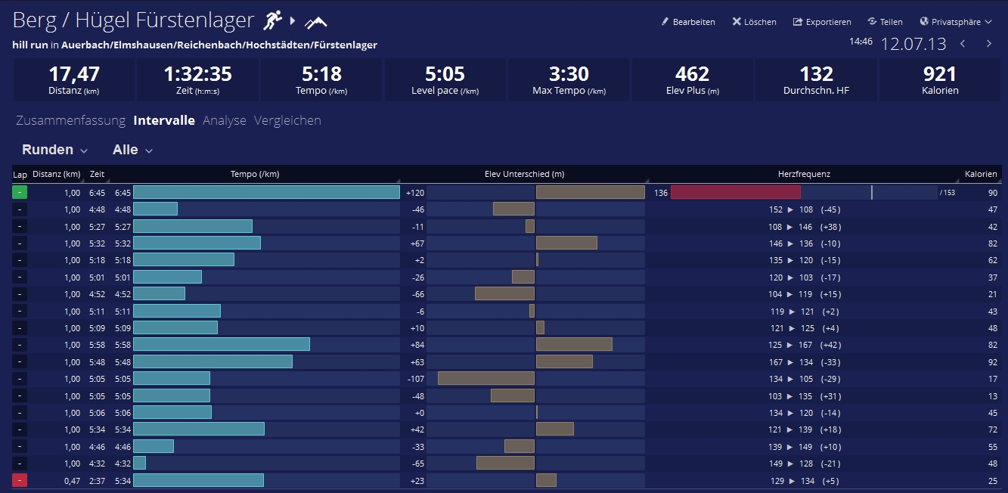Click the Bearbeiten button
click(x=688, y=22)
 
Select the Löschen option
click(x=754, y=22)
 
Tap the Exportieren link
click(x=822, y=22)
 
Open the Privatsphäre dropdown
click(x=956, y=22)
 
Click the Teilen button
click(x=885, y=22)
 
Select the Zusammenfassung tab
click(x=70, y=120)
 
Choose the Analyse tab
click(x=225, y=120)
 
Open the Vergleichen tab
click(x=287, y=120)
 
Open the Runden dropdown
click(x=55, y=150)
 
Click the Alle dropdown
click(x=133, y=150)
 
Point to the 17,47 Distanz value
click(x=74, y=74)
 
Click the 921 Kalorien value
click(x=940, y=74)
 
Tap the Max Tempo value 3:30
click(x=569, y=74)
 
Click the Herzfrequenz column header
click(x=804, y=174)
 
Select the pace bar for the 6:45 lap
click(x=266, y=192)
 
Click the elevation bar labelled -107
click(x=486, y=378)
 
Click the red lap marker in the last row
click(x=20, y=480)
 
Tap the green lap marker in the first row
click(x=20, y=192)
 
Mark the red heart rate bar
click(x=735, y=192)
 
